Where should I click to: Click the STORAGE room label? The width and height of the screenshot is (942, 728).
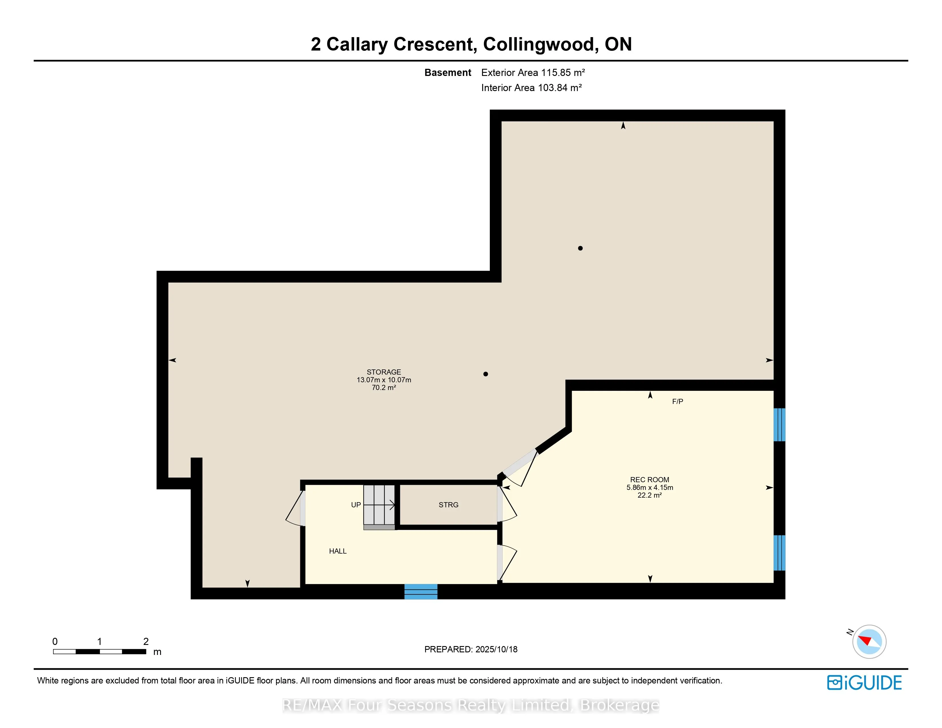[x=384, y=372]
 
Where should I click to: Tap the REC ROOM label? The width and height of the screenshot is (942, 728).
[x=650, y=480]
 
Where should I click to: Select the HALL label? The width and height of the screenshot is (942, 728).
[x=338, y=551]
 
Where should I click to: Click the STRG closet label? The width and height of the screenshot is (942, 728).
[x=448, y=504]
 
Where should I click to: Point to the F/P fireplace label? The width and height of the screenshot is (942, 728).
[x=678, y=401]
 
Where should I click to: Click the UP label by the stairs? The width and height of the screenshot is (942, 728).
[x=356, y=504]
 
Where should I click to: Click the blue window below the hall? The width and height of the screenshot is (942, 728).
[x=421, y=591]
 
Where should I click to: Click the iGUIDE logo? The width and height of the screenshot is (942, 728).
[x=864, y=683]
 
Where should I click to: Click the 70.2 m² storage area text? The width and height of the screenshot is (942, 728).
[x=384, y=388]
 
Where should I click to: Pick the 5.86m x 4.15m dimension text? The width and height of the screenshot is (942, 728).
[x=650, y=487]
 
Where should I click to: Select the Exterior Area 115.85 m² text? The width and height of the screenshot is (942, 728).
[x=533, y=73]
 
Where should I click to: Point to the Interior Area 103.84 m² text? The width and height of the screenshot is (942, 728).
[x=532, y=88]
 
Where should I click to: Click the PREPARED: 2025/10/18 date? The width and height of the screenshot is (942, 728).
[x=471, y=649]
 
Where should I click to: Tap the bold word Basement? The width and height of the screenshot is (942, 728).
[x=448, y=73]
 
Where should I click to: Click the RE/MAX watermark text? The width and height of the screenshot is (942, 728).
[x=470, y=705]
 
